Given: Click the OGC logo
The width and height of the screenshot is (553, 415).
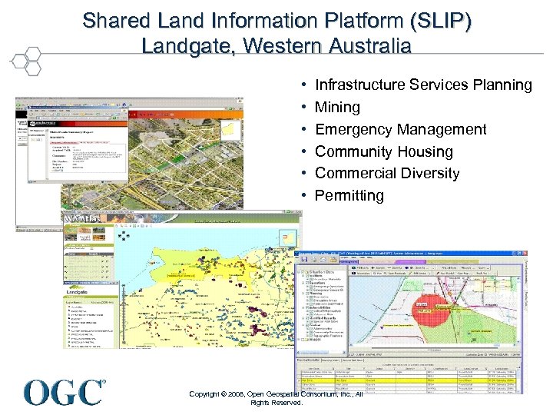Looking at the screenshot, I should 65,392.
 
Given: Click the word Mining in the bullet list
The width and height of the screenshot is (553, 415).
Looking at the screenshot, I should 337,107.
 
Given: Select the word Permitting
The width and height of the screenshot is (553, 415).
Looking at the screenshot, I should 349,195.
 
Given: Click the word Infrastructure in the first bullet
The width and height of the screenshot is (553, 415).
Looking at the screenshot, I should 364,85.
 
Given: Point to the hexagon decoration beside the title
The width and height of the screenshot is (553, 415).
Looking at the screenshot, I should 26,59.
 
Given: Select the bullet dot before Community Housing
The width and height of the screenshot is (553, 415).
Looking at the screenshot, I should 306,151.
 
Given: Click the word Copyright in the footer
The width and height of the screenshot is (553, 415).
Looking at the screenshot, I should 205,394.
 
